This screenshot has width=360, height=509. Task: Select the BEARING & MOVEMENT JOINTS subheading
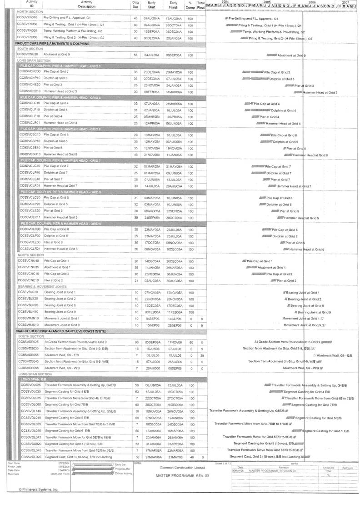click(41, 287)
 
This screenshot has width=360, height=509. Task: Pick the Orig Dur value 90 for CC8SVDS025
click(135, 341)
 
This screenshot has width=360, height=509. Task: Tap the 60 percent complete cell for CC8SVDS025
click(190, 341)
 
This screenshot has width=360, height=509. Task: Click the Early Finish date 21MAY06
click(174, 457)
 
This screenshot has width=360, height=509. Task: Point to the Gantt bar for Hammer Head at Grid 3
click(298, 92)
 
